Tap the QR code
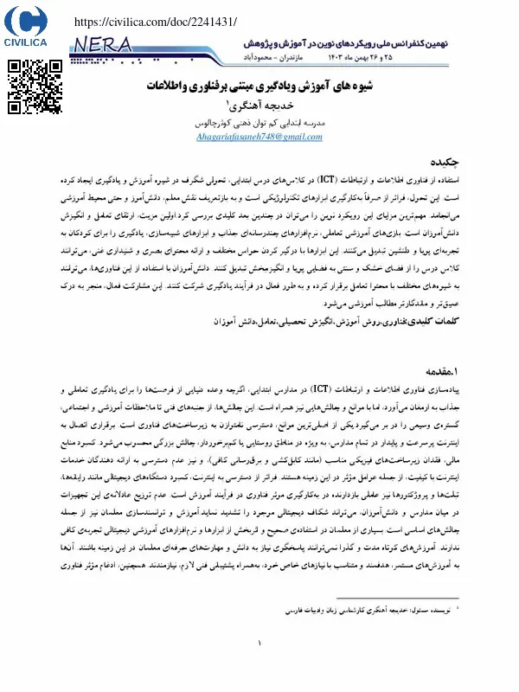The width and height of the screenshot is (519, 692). pos(28,84)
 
